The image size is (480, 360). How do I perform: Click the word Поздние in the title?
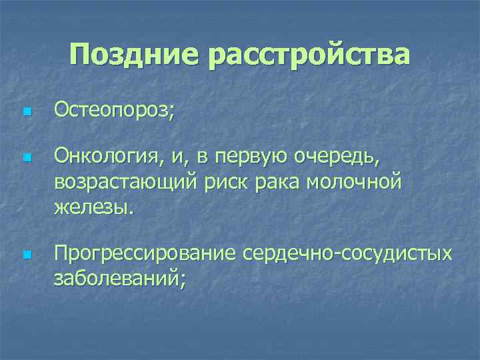pos(133,55)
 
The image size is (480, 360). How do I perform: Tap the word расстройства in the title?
pos(309,55)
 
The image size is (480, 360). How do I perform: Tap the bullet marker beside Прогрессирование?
pos(26,255)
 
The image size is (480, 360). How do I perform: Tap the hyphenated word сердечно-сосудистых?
pos(347,254)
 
